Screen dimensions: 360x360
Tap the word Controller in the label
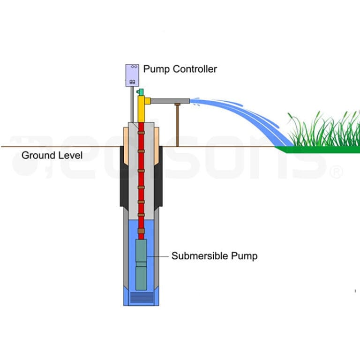194,69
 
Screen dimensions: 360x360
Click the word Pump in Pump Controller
157,69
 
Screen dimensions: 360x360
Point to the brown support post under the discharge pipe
178,124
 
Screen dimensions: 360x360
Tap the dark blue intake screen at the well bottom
141,297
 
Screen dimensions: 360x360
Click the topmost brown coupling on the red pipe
141,134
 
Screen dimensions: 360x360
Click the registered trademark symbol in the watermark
337,172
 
